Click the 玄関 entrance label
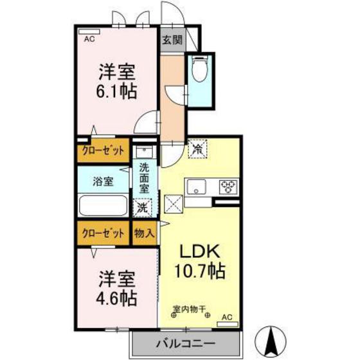[172, 40]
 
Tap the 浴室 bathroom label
[103, 181]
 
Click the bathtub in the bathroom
[103, 208]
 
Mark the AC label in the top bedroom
[89, 39]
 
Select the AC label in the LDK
[226, 317]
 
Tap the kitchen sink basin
[195, 187]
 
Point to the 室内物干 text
[188, 309]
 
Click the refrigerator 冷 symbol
[197, 148]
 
